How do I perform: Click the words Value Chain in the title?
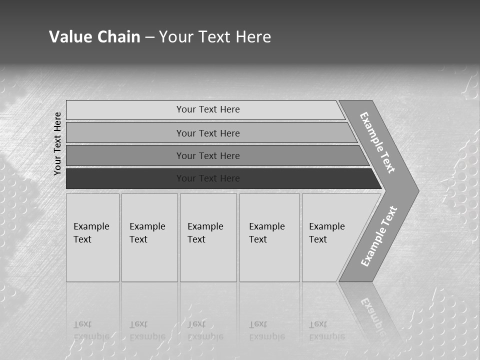[x=94, y=37]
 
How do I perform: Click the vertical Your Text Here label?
[x=57, y=143]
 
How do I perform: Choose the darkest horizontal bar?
[x=125, y=178]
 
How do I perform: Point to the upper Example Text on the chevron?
[x=377, y=142]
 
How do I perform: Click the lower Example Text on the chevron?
[x=378, y=236]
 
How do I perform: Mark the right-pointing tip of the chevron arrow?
[x=416, y=190]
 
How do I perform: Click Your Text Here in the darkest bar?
[x=208, y=178]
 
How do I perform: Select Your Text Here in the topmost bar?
[x=208, y=109]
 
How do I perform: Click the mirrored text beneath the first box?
[x=91, y=330]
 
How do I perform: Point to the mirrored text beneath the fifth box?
[x=326, y=330]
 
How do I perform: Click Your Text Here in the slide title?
[x=215, y=37]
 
